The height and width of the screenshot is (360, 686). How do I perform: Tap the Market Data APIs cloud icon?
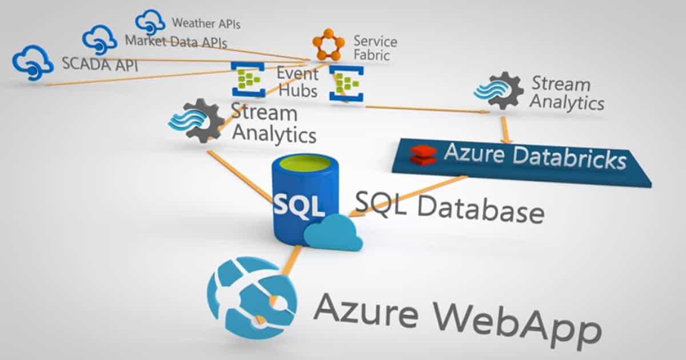(100, 39)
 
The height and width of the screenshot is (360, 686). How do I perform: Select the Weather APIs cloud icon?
(150, 22)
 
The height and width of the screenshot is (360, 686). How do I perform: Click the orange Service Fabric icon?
(329, 44)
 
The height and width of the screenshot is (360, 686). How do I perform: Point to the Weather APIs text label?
(206, 24)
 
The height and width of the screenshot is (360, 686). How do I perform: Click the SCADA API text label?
(100, 63)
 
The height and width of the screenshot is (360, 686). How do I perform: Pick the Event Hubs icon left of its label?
(248, 79)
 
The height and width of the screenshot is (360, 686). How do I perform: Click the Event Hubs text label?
(297, 82)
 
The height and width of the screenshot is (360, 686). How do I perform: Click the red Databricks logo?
(424, 154)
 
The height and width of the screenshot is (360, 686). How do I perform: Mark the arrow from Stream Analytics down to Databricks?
(505, 130)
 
